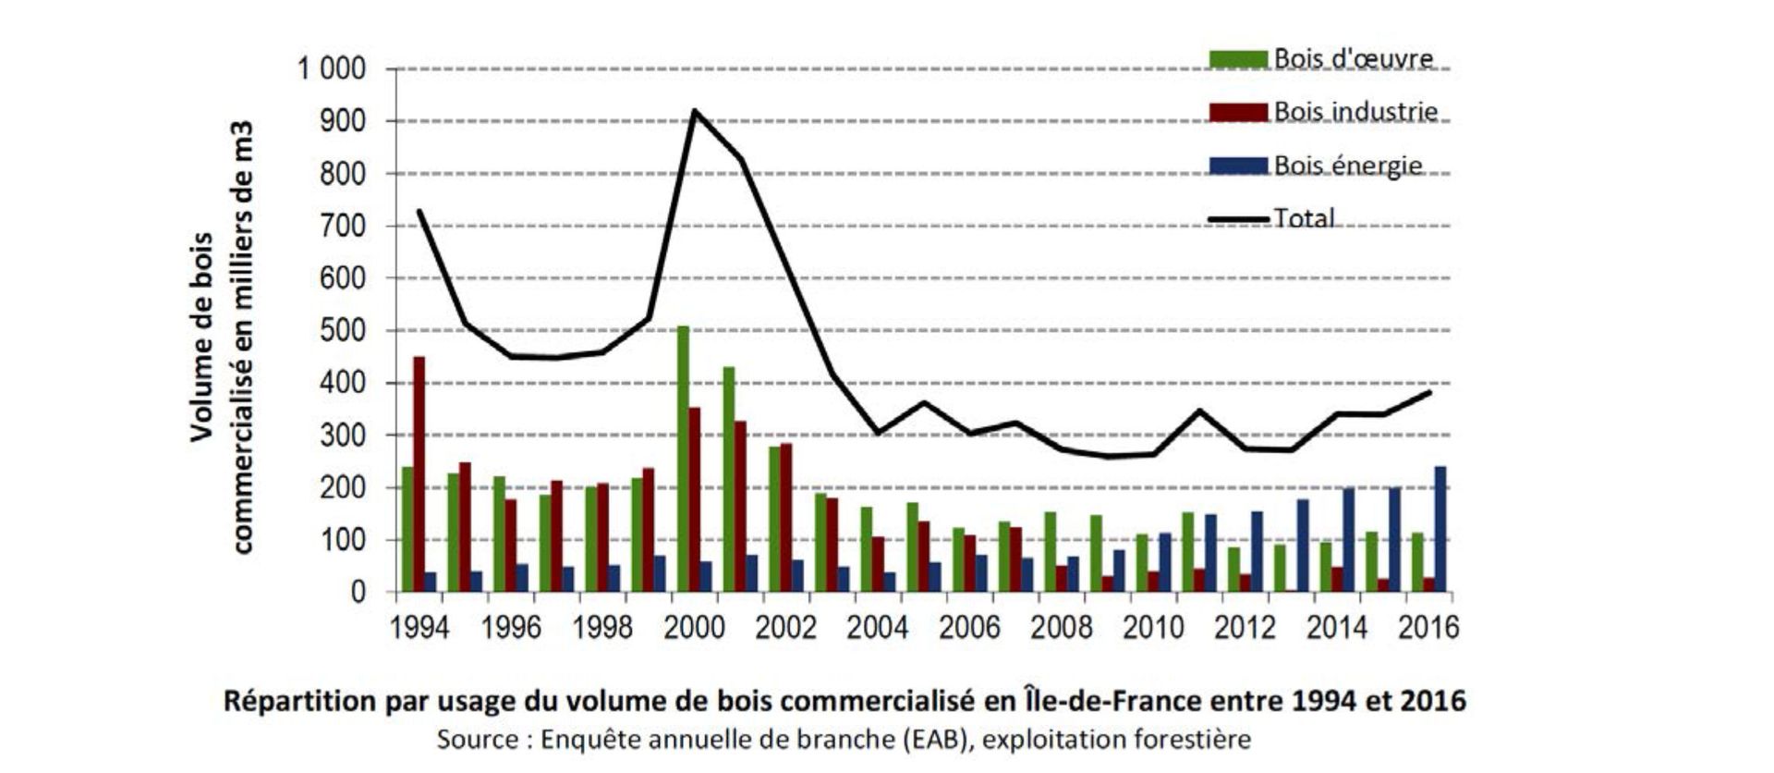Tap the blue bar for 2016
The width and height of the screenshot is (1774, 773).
pos(1440,529)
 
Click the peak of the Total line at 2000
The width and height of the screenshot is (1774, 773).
pos(694,112)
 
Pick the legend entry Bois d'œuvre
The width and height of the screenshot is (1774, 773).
pos(1353,58)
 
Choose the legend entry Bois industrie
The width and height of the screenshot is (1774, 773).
pos(1355,112)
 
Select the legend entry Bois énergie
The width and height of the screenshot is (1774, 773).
pos(1347,166)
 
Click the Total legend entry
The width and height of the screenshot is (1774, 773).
pos(1304,218)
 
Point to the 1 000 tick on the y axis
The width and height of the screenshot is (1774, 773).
pos(331,69)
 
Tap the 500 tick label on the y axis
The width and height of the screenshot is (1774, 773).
pos(342,331)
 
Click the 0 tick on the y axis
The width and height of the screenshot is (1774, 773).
pos(358,593)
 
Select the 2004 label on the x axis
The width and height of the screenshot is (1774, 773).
pos(877,628)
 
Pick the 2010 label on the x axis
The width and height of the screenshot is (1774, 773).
pos(1152,628)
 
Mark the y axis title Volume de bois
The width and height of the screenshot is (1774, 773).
pos(202,337)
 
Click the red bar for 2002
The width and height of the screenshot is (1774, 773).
pos(786,518)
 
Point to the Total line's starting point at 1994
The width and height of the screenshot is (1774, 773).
pos(419,211)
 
